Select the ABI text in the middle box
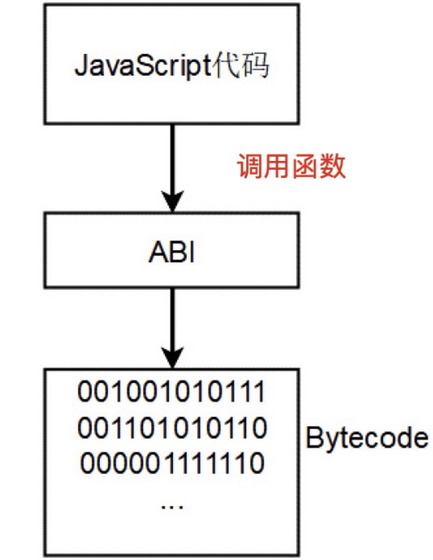point(171,253)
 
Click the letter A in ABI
point(156,253)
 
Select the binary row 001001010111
point(171,394)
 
